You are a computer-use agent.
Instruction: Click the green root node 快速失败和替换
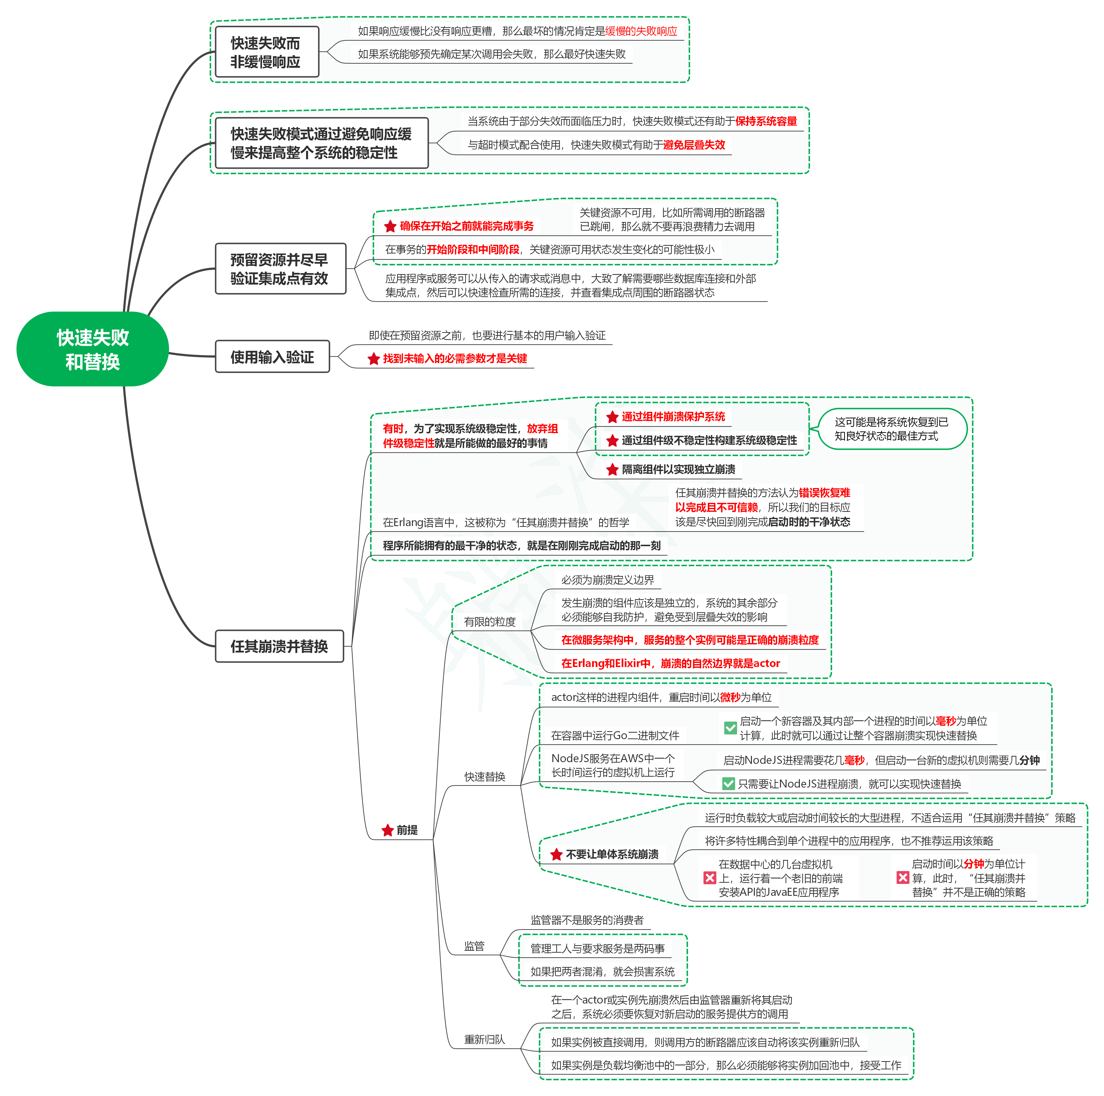[93, 349]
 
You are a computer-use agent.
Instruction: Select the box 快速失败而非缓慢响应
[266, 52]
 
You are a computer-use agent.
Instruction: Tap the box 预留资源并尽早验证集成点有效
[280, 268]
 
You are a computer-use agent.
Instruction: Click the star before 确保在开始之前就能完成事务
[390, 226]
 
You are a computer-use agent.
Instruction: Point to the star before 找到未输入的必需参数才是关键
[374, 359]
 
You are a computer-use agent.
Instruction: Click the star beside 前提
[387, 830]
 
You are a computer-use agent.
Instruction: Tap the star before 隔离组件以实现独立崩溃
[613, 470]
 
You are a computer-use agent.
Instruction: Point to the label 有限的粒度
[490, 622]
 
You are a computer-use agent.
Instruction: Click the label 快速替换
[485, 777]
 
